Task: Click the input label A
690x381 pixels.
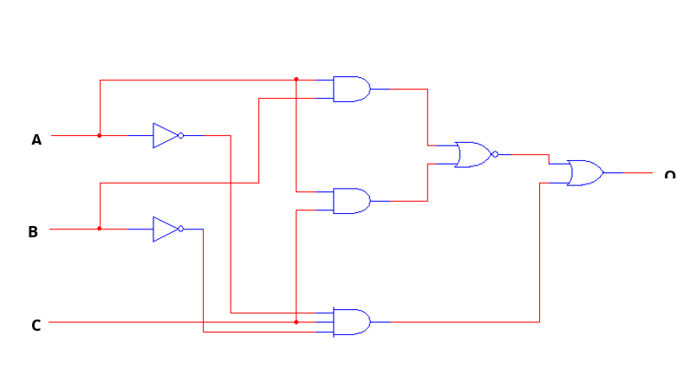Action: [x=36, y=139]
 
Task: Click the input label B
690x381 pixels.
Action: [x=33, y=232]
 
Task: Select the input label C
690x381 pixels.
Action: [x=36, y=326]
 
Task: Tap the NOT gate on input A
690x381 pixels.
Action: [x=165, y=135]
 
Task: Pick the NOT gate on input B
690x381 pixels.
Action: [x=165, y=229]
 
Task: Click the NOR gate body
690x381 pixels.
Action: [x=472, y=154]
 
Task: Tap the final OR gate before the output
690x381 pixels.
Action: [x=584, y=172]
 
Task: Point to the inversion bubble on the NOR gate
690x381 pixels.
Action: [x=495, y=154]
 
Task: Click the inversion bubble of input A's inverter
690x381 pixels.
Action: [x=180, y=135]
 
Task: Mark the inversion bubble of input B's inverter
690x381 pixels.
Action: [x=180, y=229]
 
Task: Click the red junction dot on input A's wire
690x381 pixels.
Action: [x=100, y=135]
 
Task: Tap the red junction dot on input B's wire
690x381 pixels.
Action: [x=100, y=229]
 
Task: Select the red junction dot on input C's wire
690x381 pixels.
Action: [x=296, y=322]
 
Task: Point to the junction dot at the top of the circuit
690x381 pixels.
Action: [x=296, y=80]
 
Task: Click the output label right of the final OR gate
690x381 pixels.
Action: [x=669, y=176]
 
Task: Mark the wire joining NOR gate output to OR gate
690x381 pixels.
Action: [x=524, y=154]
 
